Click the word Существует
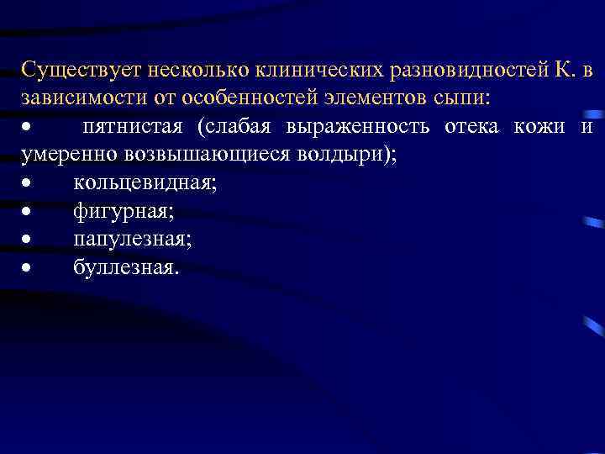coord(75,70)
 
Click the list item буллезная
coord(126,269)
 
